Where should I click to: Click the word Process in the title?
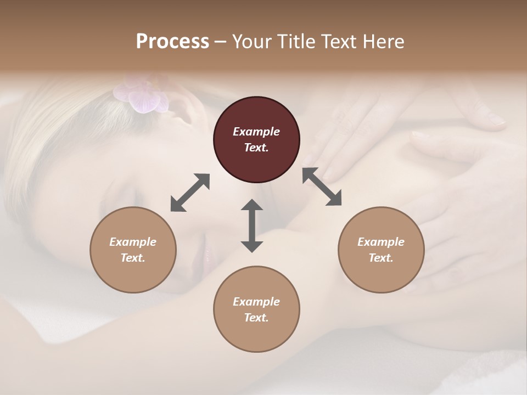point(172,42)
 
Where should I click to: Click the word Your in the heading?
point(250,42)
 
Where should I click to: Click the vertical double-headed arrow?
point(252,225)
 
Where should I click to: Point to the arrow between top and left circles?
point(190,193)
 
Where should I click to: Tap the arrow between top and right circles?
point(322,187)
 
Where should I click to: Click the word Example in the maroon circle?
point(256,132)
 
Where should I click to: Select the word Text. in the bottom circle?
point(256,318)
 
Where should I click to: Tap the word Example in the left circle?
point(133,242)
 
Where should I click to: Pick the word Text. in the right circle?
point(381,258)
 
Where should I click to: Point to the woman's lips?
point(208,254)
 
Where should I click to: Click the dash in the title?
point(221,42)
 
